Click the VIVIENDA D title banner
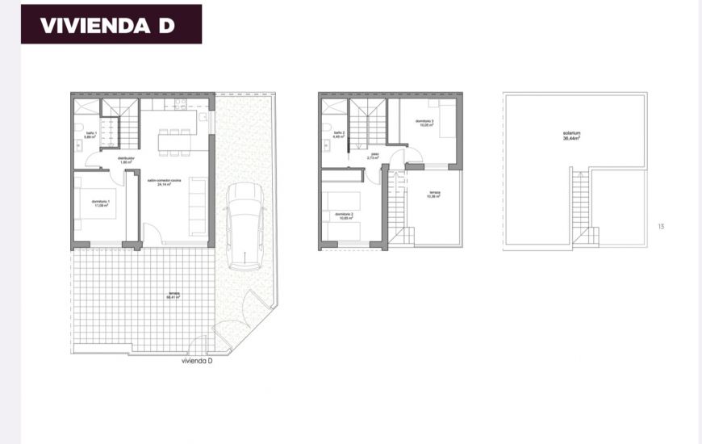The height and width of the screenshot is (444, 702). pyautogui.click(x=111, y=24)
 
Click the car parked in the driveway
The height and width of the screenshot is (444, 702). pyautogui.click(x=245, y=226)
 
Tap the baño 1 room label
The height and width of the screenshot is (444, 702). pyautogui.click(x=88, y=135)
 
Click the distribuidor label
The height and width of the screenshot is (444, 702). pyautogui.click(x=125, y=160)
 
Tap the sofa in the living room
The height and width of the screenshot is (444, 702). pyautogui.click(x=198, y=205)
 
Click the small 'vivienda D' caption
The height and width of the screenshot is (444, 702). pyautogui.click(x=198, y=361)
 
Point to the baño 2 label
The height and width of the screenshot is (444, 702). pyautogui.click(x=339, y=134)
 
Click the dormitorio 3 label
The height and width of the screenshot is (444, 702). pyautogui.click(x=424, y=124)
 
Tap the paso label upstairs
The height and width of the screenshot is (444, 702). pyautogui.click(x=374, y=156)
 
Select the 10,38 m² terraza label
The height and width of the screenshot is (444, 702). pyautogui.click(x=434, y=194)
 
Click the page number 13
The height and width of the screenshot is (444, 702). pyautogui.click(x=661, y=226)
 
